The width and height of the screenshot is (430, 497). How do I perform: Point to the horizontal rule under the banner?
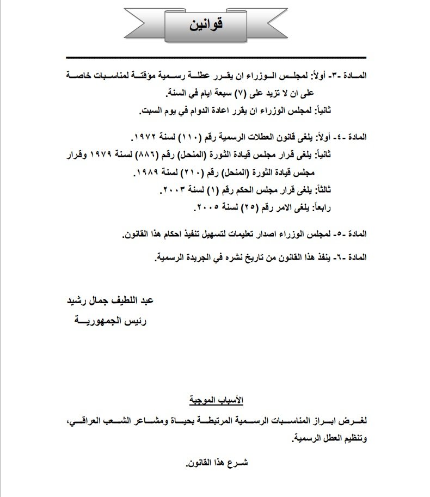(216, 58)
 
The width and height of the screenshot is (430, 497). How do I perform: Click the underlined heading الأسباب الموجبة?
(216, 401)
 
